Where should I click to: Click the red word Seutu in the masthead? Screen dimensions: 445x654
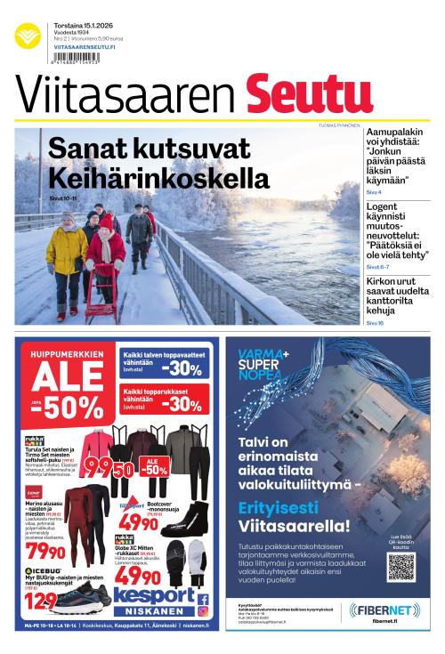(x=296, y=95)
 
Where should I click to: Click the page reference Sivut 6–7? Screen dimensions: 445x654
(x=377, y=266)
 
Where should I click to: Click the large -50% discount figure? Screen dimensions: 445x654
(x=69, y=408)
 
